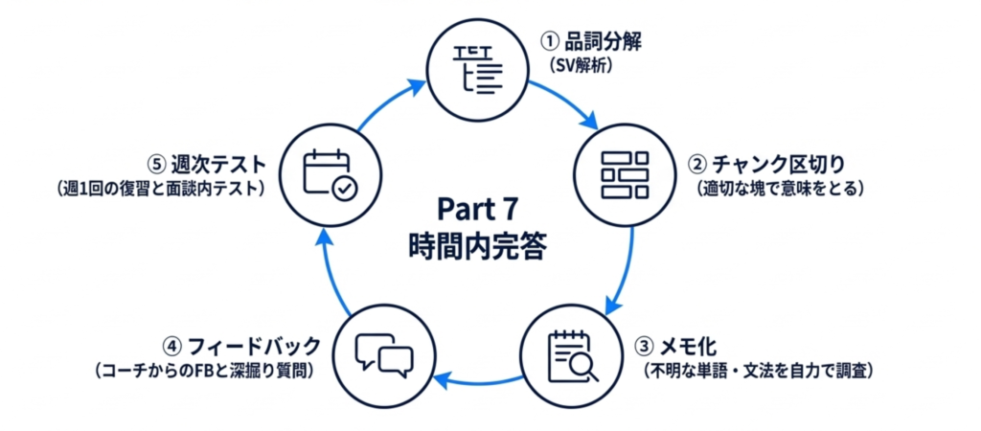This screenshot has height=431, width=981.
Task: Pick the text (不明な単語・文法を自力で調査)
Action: click(x=757, y=369)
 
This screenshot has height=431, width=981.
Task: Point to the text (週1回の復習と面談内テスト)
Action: click(x=160, y=188)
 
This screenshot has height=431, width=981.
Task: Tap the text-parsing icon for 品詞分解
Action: click(x=476, y=68)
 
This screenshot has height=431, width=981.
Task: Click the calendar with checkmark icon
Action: click(x=329, y=174)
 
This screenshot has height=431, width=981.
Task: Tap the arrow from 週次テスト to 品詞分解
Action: click(x=388, y=104)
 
